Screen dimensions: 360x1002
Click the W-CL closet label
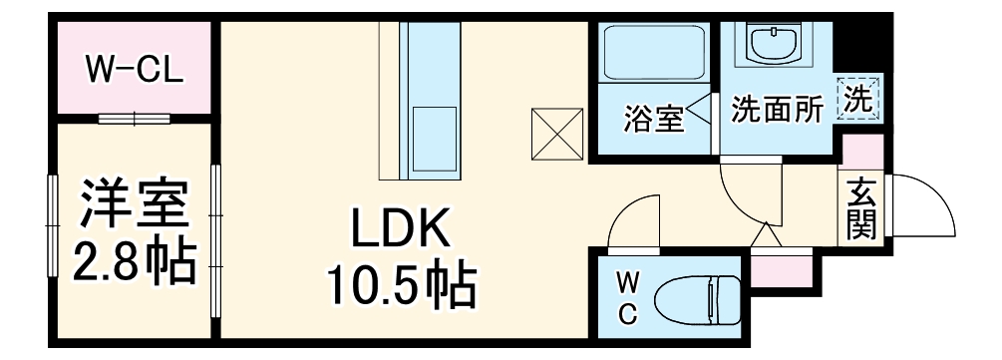[133, 72]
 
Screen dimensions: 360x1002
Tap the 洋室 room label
[133, 201]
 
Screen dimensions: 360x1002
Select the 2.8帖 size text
[133, 261]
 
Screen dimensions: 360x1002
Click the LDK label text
[402, 230]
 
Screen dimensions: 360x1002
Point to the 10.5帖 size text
[402, 286]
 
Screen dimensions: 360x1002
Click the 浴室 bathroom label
[654, 117]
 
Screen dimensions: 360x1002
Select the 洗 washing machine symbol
[858, 99]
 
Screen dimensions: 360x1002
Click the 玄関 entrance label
[862, 209]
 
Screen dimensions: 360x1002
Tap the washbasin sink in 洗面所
[771, 44]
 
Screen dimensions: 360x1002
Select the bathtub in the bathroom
[653, 55]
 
